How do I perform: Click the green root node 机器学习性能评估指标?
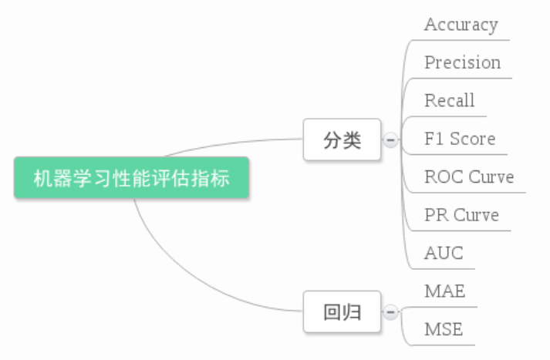coord(131,178)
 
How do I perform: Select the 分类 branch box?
coord(342,140)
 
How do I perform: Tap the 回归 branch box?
coord(342,312)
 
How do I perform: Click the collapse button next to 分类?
coord(390,140)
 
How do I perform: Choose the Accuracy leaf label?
coord(461,25)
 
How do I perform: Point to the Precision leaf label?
coord(462,62)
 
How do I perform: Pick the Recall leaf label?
coord(449,100)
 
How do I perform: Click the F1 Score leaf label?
coord(460,139)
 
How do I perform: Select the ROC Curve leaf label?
coord(468,177)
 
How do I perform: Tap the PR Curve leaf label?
coord(461,214)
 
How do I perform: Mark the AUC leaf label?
coord(444,253)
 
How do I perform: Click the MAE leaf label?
coord(444,291)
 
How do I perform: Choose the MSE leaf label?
coord(444,330)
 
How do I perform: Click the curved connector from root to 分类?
coord(231,143)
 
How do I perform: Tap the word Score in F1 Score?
coord(472,139)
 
